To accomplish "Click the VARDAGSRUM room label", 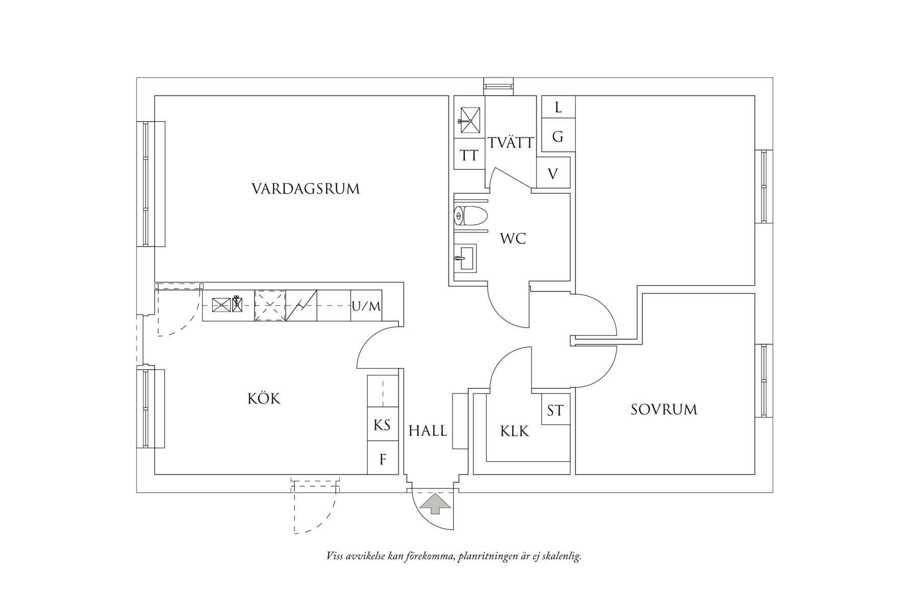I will point(306,189).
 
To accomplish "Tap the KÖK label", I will point(264,399).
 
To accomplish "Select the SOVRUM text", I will point(664,410).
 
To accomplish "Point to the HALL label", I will point(427,431).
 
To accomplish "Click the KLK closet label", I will point(515,432).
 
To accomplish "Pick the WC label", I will point(513,239).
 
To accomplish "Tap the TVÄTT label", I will point(511,143).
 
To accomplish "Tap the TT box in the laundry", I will point(469,155).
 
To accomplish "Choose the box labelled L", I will point(558,107).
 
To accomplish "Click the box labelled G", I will point(558,136).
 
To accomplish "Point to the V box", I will point(553,174).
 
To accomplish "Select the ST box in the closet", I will point(555,411).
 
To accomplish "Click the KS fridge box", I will point(382,425).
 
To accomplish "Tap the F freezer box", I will point(383,460).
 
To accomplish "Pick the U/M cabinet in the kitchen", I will point(366,306).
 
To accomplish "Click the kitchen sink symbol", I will point(228,305).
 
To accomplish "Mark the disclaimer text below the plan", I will point(453,556).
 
